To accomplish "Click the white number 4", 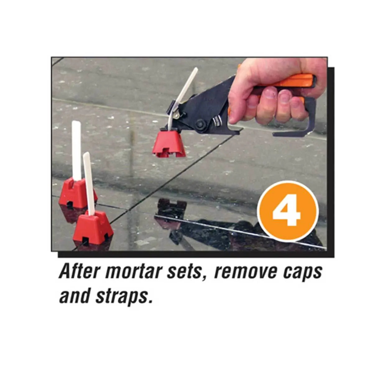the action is pyautogui.click(x=287, y=212).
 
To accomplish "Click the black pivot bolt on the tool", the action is pyautogui.click(x=199, y=124).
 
